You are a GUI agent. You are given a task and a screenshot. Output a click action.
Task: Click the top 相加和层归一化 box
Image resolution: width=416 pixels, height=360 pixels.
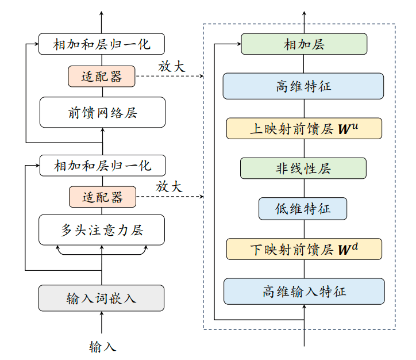(x=102, y=44)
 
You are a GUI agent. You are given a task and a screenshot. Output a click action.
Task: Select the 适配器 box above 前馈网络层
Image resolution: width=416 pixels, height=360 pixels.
(x=102, y=76)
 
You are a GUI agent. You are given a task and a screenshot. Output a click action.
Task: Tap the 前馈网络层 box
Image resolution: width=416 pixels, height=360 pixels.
(x=102, y=112)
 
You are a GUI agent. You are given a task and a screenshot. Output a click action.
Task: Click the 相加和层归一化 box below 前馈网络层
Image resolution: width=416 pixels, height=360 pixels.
(x=102, y=166)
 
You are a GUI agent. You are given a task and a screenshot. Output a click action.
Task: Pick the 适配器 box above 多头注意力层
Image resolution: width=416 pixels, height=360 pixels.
(x=102, y=197)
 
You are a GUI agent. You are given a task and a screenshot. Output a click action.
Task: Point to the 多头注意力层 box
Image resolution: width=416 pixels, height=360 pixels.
(x=102, y=230)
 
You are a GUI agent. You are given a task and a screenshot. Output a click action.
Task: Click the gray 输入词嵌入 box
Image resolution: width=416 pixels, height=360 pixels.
(x=102, y=298)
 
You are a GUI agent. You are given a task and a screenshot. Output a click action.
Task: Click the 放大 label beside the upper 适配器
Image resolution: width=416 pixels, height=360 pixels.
(x=172, y=66)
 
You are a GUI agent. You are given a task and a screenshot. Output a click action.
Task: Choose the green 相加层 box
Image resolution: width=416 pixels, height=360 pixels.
(x=303, y=44)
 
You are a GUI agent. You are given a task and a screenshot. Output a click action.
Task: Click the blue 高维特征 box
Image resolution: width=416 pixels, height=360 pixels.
(x=303, y=86)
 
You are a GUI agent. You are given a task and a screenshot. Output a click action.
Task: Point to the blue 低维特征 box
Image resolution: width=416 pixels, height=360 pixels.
(x=303, y=209)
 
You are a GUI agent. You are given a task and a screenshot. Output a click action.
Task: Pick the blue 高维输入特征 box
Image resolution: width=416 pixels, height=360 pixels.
(x=303, y=292)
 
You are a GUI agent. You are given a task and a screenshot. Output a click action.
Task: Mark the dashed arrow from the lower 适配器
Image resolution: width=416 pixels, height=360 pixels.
(x=170, y=197)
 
